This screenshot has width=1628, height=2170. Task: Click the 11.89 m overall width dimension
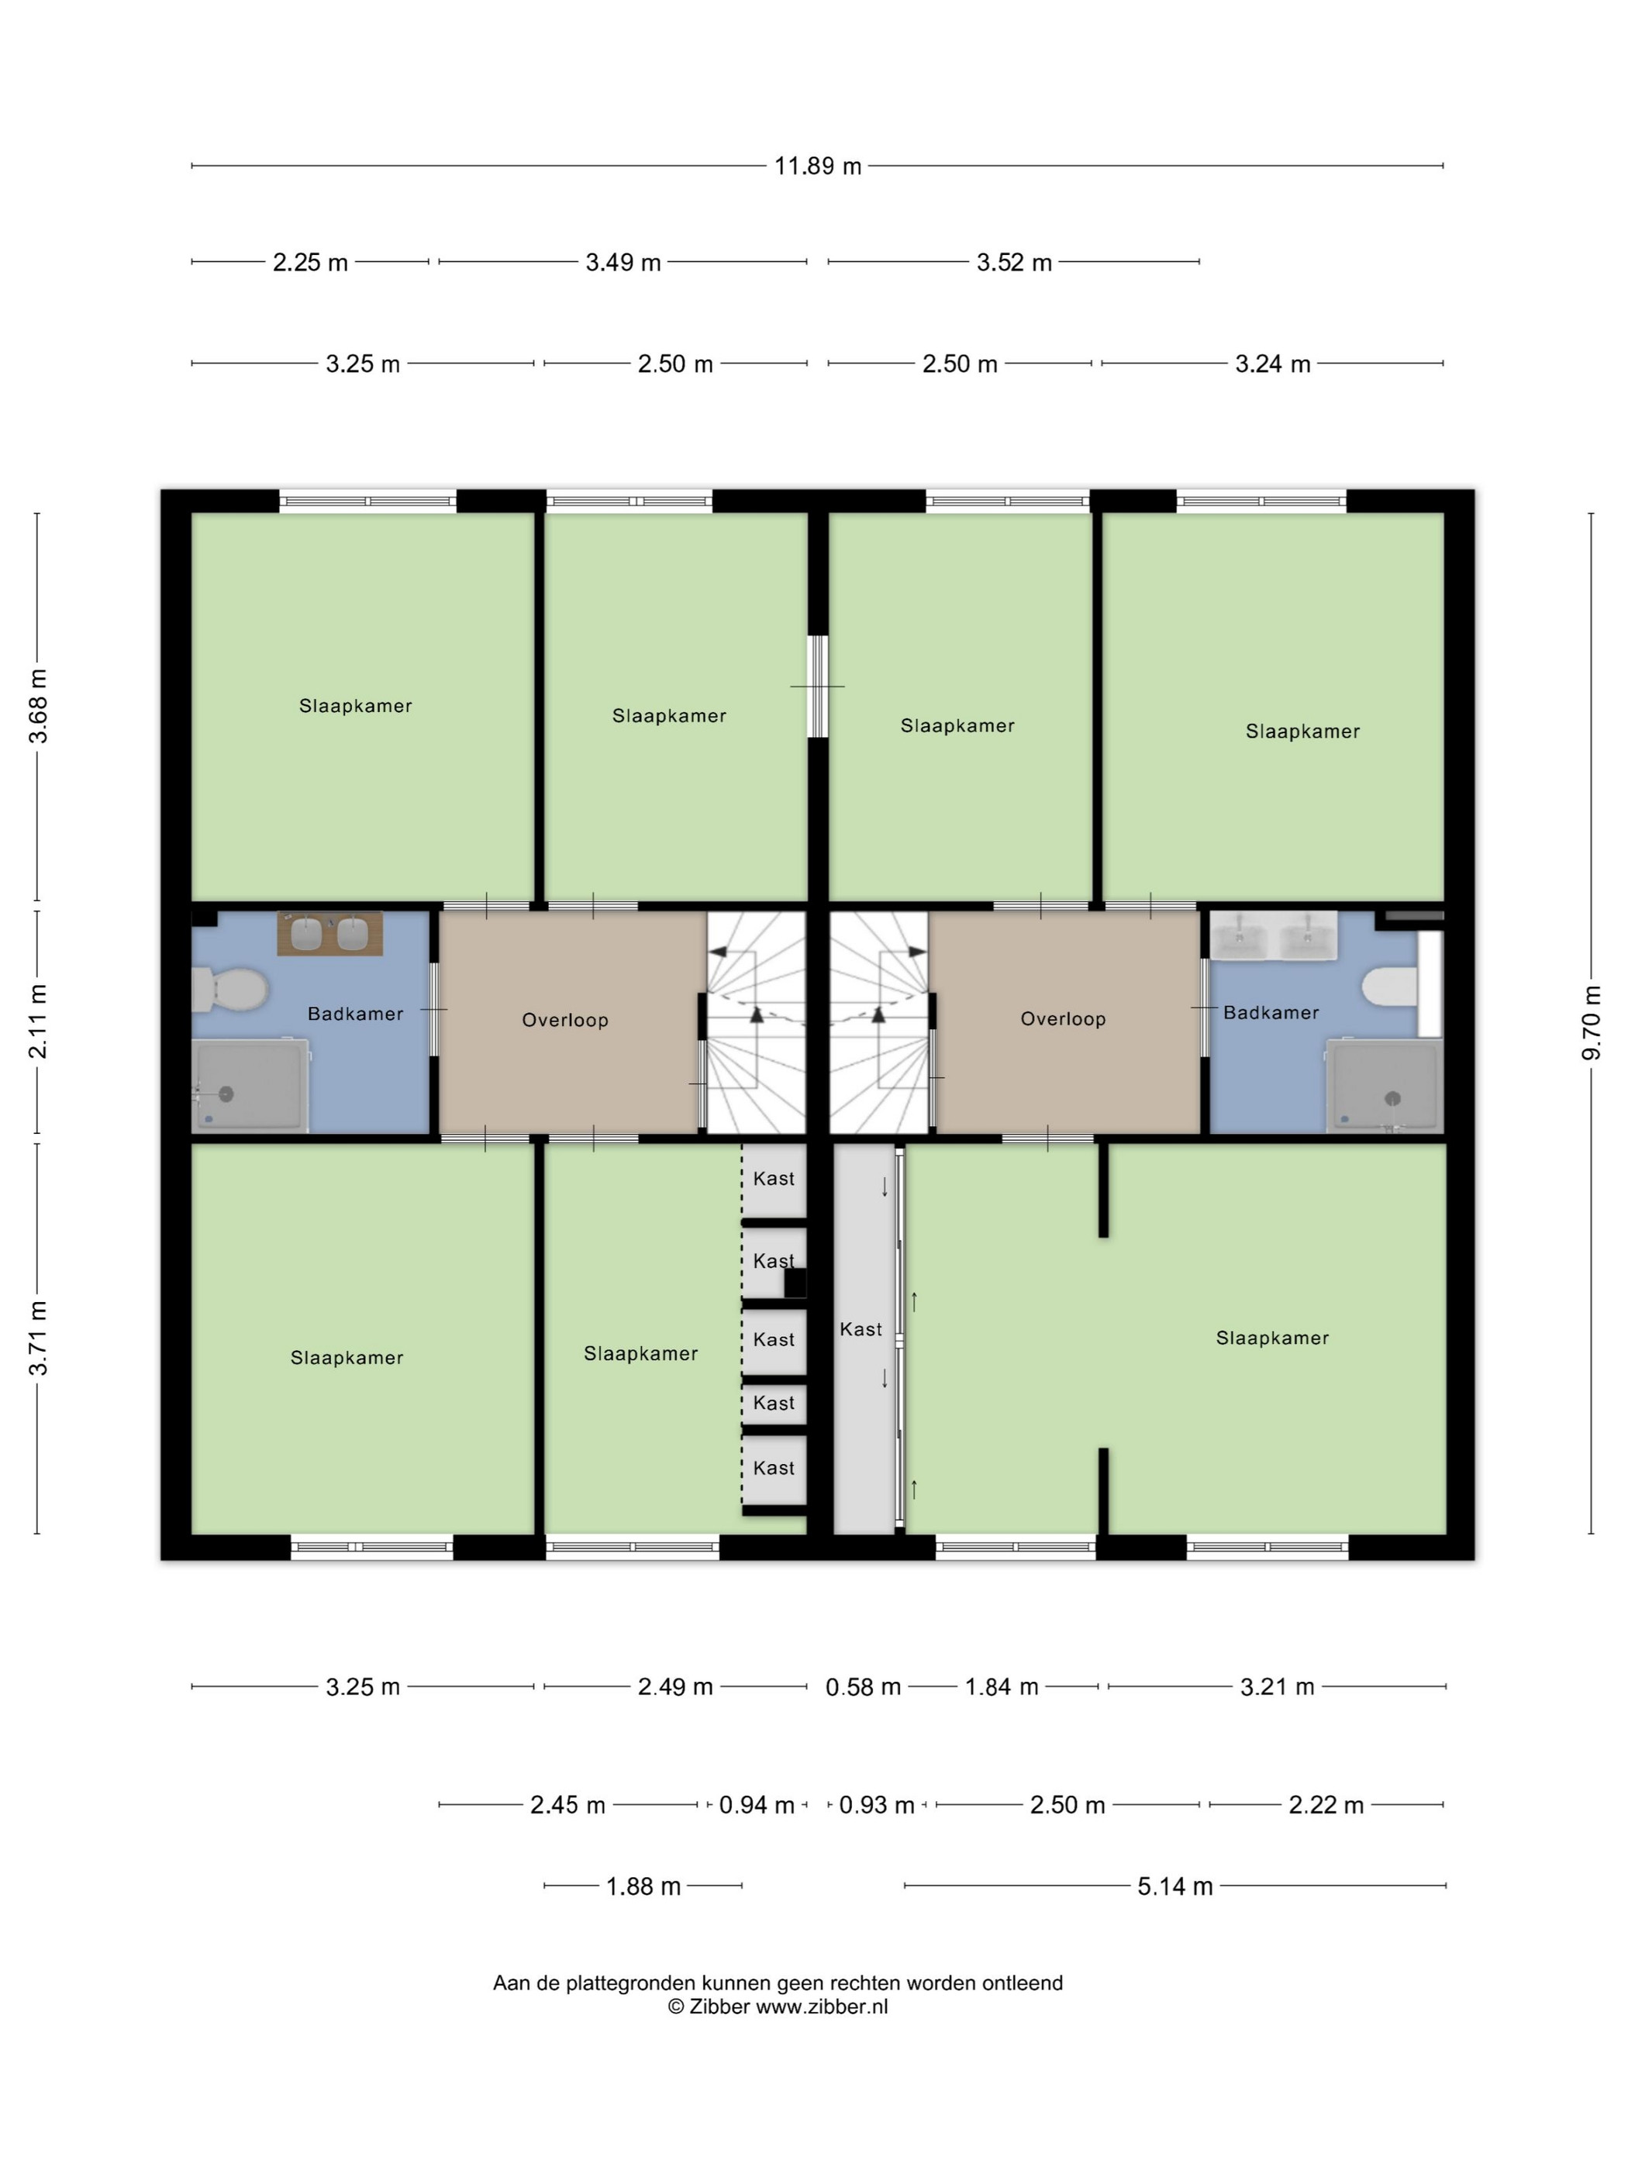point(817,166)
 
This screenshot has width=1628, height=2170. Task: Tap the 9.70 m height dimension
point(1592,1022)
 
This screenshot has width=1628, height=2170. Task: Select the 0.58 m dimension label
point(863,1686)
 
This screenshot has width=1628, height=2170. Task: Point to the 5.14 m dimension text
point(1174,1886)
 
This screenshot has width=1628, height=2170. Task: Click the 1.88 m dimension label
point(643,1886)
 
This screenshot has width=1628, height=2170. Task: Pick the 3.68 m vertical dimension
point(37,705)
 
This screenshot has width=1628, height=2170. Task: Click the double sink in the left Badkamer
point(329,933)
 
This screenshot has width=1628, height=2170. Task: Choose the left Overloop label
point(565,1020)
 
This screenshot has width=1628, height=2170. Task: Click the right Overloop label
point(1063,1019)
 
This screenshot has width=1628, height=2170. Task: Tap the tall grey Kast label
point(861,1329)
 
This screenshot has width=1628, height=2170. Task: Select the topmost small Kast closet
point(774,1180)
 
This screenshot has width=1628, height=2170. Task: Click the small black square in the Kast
point(795,1283)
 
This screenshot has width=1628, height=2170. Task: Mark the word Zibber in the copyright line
point(720,2007)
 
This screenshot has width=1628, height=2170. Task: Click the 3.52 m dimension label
point(1014,262)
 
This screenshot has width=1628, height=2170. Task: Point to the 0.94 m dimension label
point(757,1805)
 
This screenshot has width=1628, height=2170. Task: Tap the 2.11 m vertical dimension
point(37,1022)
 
